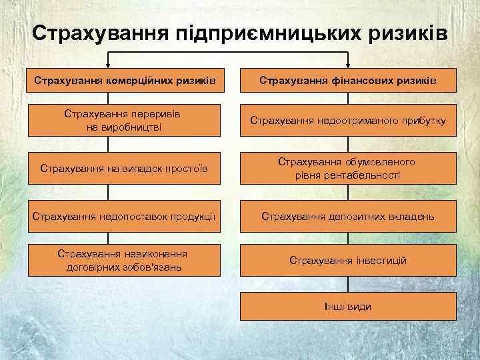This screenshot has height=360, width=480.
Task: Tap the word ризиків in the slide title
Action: point(411,33)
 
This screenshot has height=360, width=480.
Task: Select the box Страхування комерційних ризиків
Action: point(124,81)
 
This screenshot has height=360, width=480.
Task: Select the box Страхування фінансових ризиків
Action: point(347,81)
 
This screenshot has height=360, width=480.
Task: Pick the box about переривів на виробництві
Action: point(124,120)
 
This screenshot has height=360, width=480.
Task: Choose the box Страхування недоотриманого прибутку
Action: point(347,121)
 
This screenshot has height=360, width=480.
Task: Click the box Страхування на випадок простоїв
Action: point(124,168)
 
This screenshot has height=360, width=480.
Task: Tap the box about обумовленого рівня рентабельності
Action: point(347,168)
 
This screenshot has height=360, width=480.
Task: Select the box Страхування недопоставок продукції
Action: point(124,216)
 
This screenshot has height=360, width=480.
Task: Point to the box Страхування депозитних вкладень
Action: point(347,216)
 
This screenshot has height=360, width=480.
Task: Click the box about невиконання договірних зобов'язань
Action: point(124,260)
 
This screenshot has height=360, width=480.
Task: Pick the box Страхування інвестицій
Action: point(347,260)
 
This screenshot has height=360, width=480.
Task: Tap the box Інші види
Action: point(347,307)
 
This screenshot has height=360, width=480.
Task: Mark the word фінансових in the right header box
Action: point(369,81)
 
